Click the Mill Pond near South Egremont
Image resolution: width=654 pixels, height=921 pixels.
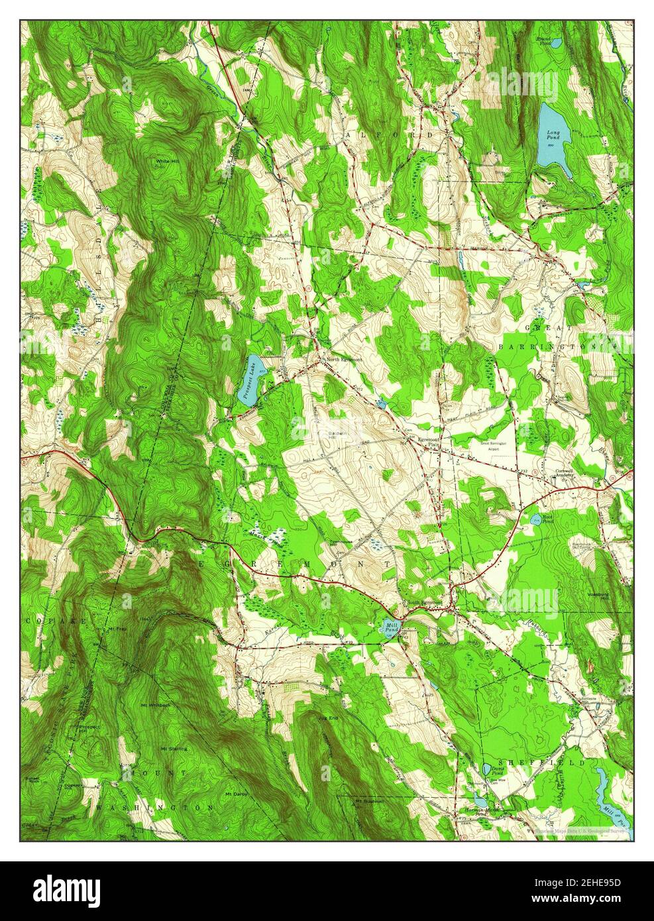pyautogui.click(x=391, y=626)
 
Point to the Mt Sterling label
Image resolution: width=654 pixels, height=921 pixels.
pyautogui.click(x=173, y=748)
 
